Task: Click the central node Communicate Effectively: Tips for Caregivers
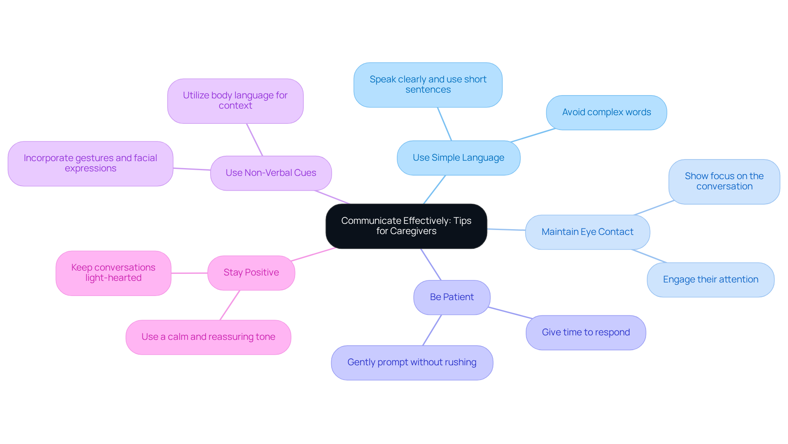pyautogui.click(x=406, y=226)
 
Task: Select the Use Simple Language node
pyautogui.click(x=458, y=158)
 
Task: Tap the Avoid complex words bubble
pyautogui.click(x=606, y=112)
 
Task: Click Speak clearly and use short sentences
pyautogui.click(x=428, y=85)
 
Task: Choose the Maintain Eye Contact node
pyautogui.click(x=587, y=232)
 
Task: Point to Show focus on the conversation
pyautogui.click(x=724, y=182)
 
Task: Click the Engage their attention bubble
pyautogui.click(x=710, y=280)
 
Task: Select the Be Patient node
pyautogui.click(x=451, y=297)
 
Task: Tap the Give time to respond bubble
pyautogui.click(x=586, y=332)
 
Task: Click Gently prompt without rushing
pyautogui.click(x=412, y=362)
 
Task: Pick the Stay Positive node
pyautogui.click(x=251, y=273)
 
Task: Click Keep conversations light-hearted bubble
pyautogui.click(x=113, y=273)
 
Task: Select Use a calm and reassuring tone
pyautogui.click(x=208, y=337)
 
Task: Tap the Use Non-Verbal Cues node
pyautogui.click(x=270, y=173)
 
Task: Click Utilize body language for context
pyautogui.click(x=235, y=101)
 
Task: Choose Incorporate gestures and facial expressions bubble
pyautogui.click(x=90, y=164)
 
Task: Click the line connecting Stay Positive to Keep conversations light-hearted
pyautogui.click(x=189, y=273)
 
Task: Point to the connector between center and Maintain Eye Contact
pyautogui.click(x=506, y=230)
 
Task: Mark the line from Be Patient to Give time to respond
pyautogui.click(x=510, y=313)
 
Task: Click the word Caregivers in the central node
pyautogui.click(x=413, y=231)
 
